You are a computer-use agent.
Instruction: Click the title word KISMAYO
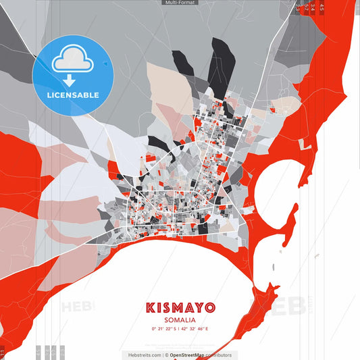[x=180, y=307]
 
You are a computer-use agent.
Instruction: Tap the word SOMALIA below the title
[x=180, y=319]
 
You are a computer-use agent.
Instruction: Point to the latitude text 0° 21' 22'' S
[x=165, y=328]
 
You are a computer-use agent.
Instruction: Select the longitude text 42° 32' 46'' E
[x=195, y=328]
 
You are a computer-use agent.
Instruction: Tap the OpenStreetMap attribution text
[x=192, y=355]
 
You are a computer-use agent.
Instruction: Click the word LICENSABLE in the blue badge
[x=73, y=95]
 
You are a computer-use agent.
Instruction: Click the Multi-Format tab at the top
[x=180, y=3]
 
